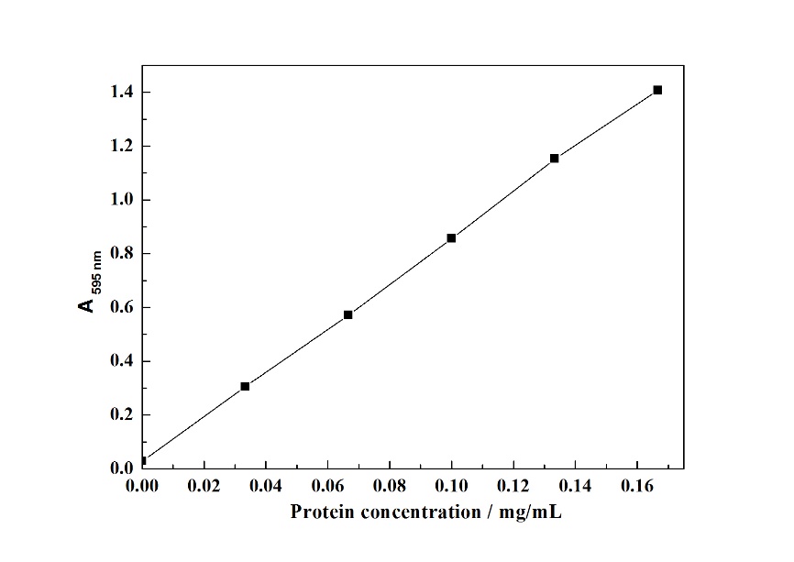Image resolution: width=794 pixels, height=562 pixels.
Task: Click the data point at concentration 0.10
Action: tap(451, 237)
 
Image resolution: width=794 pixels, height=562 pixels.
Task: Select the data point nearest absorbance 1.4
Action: tap(657, 90)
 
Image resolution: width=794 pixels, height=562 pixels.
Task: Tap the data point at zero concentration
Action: tap(142, 461)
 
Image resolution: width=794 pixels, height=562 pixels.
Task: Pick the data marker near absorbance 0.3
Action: tap(245, 386)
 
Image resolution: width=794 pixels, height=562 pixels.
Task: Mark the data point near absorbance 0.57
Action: tap(348, 314)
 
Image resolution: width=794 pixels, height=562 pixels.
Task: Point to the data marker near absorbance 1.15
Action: tap(555, 158)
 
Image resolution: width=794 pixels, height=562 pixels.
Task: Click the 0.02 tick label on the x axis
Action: tap(204, 484)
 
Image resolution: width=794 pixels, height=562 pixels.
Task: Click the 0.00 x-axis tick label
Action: tap(142, 484)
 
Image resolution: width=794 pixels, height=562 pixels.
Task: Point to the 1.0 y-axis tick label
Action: tap(122, 200)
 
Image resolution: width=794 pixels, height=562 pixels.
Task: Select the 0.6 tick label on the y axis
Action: tap(122, 307)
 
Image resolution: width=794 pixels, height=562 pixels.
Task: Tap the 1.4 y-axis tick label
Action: tap(122, 93)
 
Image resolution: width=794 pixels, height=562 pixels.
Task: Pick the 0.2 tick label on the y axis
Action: tap(122, 414)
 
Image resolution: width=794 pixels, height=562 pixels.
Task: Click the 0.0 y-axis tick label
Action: tap(122, 468)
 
